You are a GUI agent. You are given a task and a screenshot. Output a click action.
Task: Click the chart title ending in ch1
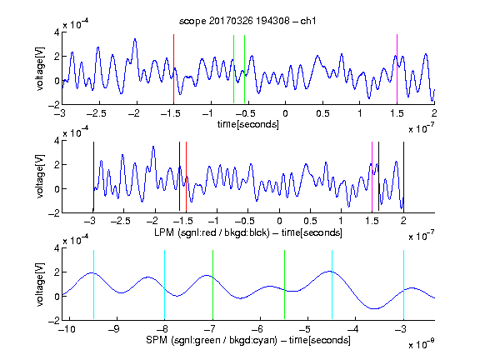(x=247, y=21)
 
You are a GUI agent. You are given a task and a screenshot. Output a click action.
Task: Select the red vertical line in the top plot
(x=173, y=69)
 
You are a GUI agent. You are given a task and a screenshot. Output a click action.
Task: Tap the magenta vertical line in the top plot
(x=397, y=69)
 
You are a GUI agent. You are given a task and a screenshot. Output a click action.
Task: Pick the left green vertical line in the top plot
(x=233, y=69)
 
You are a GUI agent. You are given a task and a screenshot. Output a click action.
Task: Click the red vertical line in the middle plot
(x=186, y=177)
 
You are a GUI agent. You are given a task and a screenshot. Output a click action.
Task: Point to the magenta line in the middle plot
(x=372, y=177)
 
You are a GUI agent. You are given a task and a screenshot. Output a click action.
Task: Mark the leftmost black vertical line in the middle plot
(x=93, y=177)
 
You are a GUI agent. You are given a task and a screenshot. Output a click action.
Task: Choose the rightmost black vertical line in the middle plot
(x=403, y=177)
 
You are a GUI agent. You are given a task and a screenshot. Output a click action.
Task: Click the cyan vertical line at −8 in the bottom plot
(x=164, y=285)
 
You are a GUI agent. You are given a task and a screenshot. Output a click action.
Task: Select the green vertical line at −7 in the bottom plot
(x=212, y=285)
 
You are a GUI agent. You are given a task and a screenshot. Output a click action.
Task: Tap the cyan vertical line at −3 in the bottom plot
(x=403, y=285)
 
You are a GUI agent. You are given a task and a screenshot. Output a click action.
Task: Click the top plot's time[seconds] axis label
(x=248, y=124)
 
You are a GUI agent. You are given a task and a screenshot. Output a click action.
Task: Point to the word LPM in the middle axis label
(x=164, y=232)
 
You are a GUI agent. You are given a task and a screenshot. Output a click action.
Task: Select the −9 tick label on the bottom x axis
(x=115, y=329)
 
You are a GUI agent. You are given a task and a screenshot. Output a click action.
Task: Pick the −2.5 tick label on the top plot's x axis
(x=96, y=113)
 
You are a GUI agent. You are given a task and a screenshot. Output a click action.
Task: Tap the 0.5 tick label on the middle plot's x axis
(x=310, y=221)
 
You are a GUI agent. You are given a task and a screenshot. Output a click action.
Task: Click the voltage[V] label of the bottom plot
(x=40, y=284)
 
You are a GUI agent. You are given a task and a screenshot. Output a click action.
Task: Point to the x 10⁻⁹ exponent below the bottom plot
(x=422, y=344)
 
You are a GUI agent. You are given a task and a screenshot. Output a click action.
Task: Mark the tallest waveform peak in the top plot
(x=135, y=39)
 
